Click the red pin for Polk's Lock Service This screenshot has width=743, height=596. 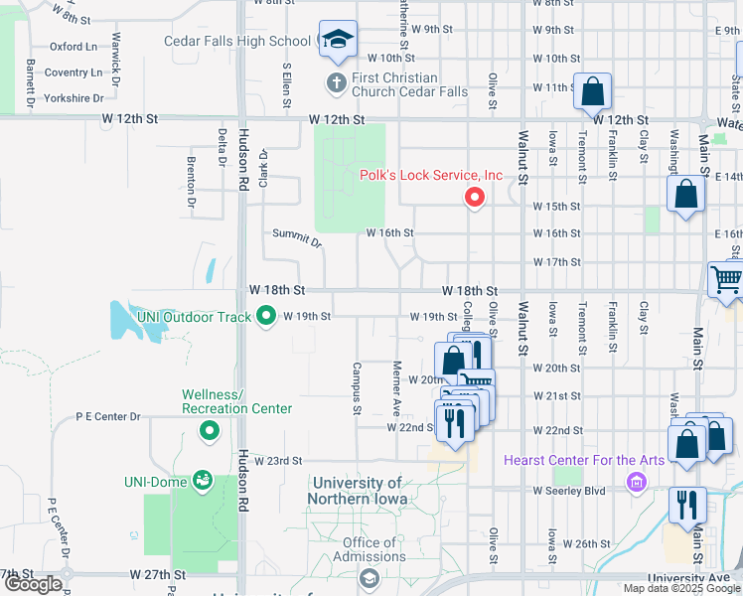coord(475,198)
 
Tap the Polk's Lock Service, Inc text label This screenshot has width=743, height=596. coord(431,176)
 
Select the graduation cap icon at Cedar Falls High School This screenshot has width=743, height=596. coord(338,41)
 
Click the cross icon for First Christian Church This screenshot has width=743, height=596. coord(337,82)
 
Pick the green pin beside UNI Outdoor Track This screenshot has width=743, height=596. coord(266,317)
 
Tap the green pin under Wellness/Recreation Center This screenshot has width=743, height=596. coord(210,430)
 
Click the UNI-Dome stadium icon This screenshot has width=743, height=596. coord(204,482)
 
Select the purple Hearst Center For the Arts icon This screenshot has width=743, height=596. coord(636,484)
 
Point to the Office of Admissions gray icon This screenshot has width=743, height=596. coord(369,578)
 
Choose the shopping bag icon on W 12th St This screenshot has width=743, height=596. coord(592,92)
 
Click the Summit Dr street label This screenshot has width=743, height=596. coord(298,238)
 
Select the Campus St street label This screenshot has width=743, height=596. coord(356,388)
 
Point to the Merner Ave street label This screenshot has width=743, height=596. coord(396,388)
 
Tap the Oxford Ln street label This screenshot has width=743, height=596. coord(74,46)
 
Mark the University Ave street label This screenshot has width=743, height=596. coord(680,577)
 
